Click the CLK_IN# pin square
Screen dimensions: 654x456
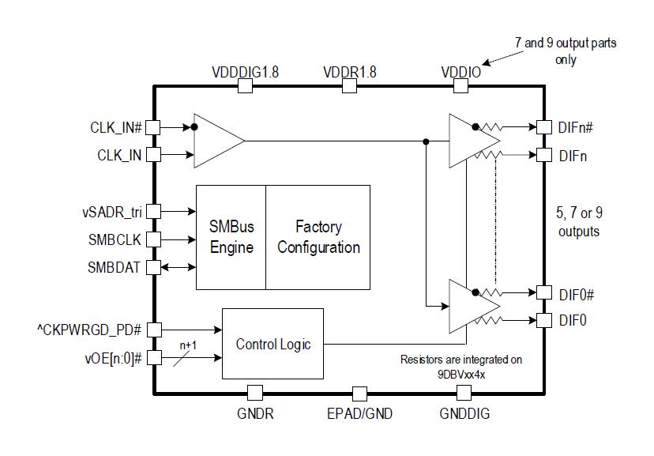pos(153,127)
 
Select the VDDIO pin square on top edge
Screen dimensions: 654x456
pos(460,86)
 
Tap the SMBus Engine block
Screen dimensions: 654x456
pos(231,237)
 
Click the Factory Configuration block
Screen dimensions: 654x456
pos(318,237)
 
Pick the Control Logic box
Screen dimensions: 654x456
pos(272,344)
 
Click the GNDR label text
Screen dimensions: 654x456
pos(255,414)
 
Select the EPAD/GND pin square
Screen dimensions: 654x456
pos(359,394)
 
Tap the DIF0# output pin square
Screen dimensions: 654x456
pos(544,292)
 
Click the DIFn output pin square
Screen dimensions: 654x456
pos(544,155)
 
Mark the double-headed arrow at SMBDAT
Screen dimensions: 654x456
pos(178,267)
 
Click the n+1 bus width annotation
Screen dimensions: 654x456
pos(188,345)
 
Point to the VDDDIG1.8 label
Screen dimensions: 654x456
pos(245,72)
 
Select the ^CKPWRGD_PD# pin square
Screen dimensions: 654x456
pos(154,330)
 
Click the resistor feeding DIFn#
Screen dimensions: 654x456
pos(491,126)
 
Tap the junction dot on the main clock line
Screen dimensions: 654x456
pos(426,141)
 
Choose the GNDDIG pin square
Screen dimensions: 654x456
pos(464,393)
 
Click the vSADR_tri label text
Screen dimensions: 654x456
pos(112,213)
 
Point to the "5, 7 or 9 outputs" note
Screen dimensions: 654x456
pos(579,222)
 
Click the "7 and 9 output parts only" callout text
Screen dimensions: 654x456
pos(566,51)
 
